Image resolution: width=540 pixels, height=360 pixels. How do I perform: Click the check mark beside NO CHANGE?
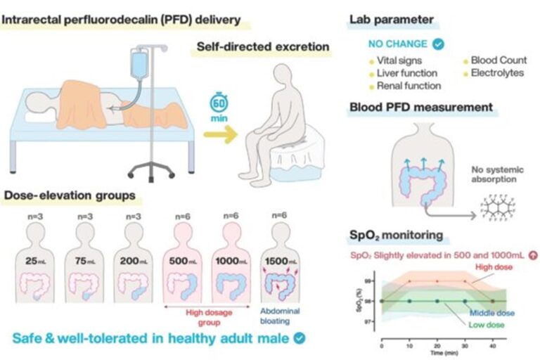coord(439,44)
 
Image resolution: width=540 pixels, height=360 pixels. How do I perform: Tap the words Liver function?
coord(407,73)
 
